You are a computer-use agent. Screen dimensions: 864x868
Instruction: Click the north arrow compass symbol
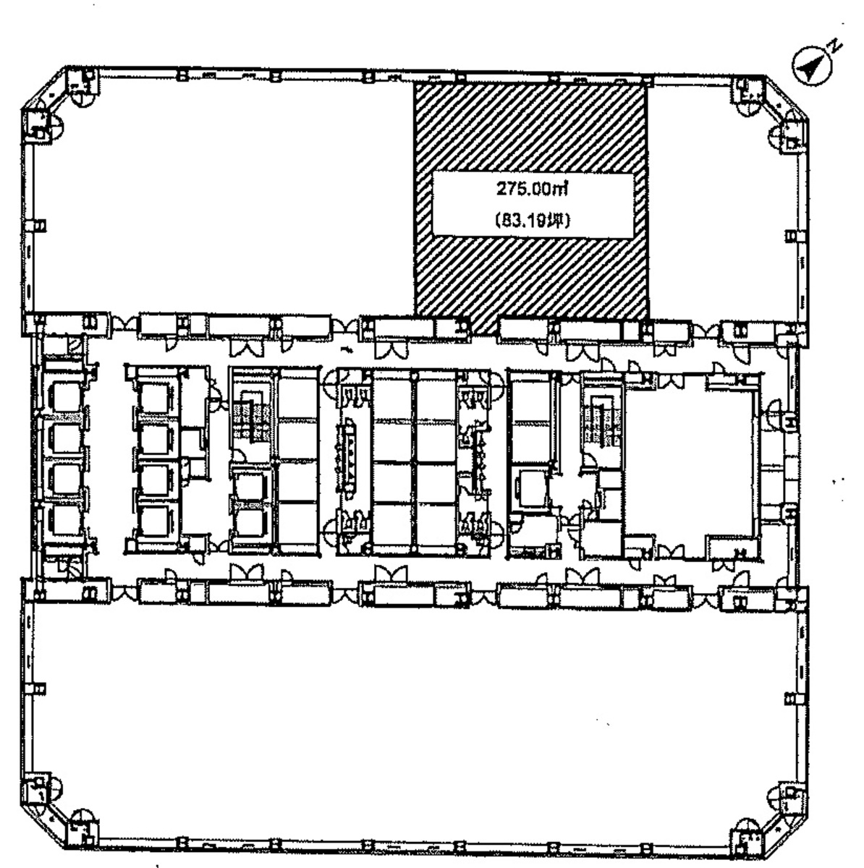[x=812, y=67]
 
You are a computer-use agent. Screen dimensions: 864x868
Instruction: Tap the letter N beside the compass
[x=837, y=46]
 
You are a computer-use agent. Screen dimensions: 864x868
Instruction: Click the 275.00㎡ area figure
[x=532, y=189]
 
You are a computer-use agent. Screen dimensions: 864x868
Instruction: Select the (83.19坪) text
[x=533, y=221]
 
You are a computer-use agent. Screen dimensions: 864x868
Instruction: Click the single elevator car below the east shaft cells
[x=532, y=488]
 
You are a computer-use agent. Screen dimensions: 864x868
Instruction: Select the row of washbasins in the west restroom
[x=349, y=455]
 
